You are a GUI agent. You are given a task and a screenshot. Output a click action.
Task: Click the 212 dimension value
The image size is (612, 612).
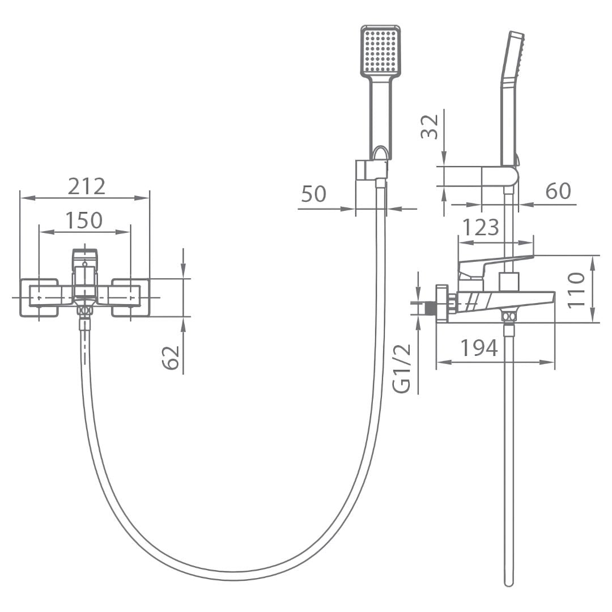click(87, 186)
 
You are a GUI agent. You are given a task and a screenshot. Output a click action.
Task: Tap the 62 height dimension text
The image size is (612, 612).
click(171, 357)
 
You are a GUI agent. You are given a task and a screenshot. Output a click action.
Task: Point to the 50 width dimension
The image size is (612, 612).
click(313, 194)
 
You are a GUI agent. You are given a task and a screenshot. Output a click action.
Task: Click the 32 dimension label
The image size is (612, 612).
click(430, 127)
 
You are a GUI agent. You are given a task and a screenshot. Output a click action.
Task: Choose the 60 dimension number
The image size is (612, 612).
click(558, 190)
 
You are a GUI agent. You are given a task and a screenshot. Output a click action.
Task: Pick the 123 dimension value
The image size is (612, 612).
click(481, 227)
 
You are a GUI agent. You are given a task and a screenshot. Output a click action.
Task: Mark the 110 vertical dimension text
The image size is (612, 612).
click(576, 290)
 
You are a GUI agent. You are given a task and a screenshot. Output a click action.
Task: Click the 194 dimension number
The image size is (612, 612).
click(479, 347)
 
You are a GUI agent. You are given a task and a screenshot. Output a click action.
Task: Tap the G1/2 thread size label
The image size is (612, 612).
click(402, 368)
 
